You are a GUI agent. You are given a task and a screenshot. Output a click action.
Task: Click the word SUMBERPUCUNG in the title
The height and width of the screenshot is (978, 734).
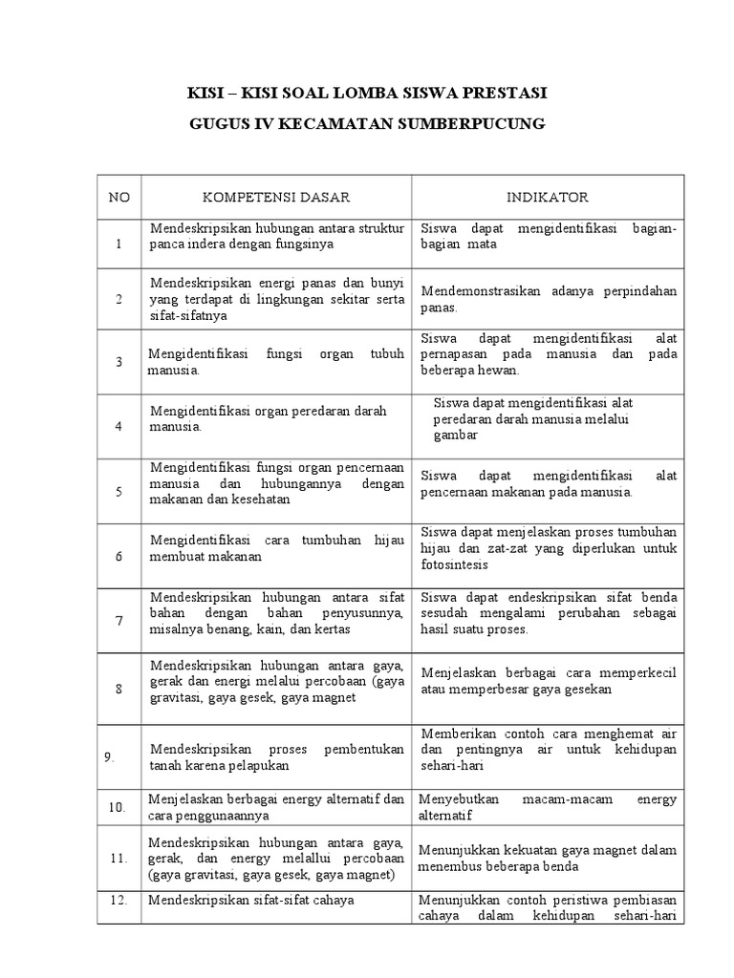click(477, 125)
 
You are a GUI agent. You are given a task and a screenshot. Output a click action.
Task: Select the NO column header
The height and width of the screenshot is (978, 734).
click(119, 198)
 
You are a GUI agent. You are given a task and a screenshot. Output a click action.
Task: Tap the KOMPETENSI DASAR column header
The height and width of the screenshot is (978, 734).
click(276, 198)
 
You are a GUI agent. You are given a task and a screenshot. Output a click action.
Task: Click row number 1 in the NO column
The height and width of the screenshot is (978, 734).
click(119, 244)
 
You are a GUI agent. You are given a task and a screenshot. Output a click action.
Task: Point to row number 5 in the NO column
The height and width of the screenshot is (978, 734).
click(119, 492)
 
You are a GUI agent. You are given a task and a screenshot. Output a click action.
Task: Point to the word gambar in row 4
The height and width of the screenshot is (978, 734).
click(455, 435)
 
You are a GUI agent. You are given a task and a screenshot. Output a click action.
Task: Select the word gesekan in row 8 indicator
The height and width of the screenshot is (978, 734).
click(589, 689)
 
